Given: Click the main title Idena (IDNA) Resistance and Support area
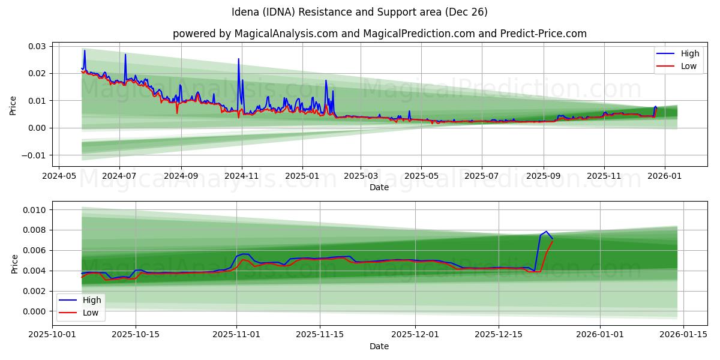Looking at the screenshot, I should (359, 12).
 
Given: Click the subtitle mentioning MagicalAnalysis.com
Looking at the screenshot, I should (379, 34).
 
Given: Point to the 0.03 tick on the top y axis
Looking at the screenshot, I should (37, 46).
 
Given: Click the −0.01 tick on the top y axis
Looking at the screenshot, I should (33, 155).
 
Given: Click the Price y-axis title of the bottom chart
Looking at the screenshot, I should (14, 263).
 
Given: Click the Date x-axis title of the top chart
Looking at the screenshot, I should (379, 187).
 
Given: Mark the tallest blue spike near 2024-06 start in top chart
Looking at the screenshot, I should (85, 50).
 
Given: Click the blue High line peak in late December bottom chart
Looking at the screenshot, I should (546, 232).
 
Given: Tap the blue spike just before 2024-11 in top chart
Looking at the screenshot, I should (238, 59).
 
